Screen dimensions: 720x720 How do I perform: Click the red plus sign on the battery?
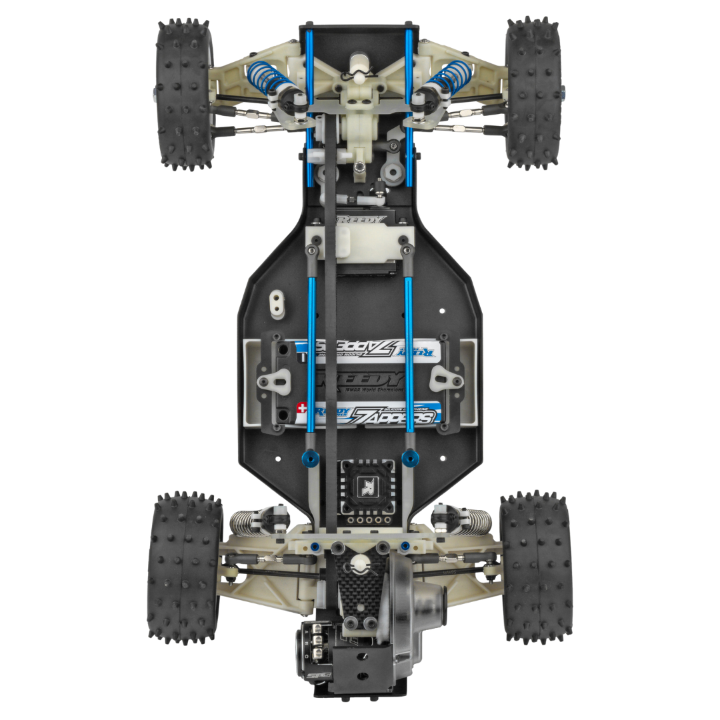pos(302,407)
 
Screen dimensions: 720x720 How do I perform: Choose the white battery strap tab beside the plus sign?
pos(275,381)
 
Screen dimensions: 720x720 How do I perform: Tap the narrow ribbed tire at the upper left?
pos(183,93)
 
